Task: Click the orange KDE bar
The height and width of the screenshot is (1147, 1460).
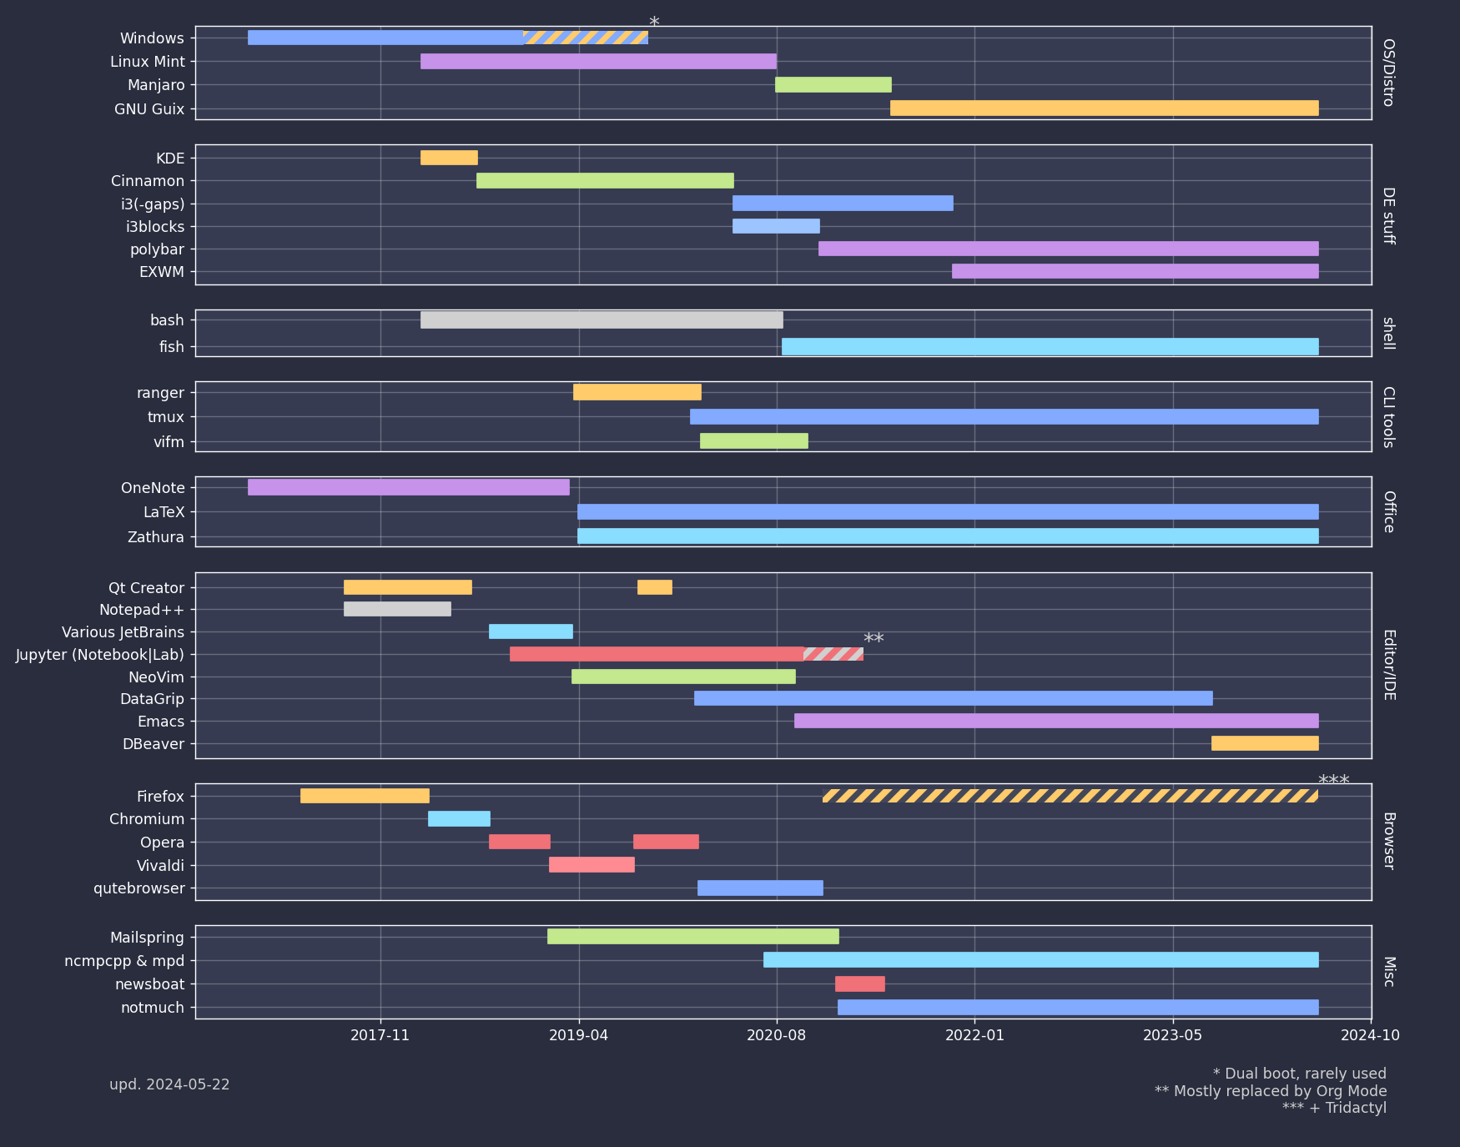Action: click(449, 158)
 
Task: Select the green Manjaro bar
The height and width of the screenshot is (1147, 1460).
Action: click(833, 84)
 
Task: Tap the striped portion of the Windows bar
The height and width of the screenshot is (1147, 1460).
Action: click(586, 38)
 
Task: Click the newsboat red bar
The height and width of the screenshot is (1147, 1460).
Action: click(859, 984)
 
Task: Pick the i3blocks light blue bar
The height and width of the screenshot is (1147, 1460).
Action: click(776, 226)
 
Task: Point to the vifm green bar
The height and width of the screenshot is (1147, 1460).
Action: click(753, 440)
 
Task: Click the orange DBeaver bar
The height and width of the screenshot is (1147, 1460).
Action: click(1265, 743)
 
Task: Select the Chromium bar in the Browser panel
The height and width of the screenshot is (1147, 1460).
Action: click(459, 818)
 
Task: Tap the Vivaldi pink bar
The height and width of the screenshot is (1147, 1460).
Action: click(592, 864)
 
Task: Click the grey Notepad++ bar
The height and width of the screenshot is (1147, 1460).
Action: click(397, 609)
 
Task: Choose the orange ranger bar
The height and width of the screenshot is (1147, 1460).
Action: click(637, 392)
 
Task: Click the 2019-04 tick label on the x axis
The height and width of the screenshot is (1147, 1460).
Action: click(579, 1035)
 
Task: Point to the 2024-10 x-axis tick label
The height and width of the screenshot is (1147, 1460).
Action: click(1370, 1035)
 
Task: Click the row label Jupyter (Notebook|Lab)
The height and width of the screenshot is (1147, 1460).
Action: click(100, 655)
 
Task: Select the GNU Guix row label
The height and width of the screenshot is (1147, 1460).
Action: click(149, 109)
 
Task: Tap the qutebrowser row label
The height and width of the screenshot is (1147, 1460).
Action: click(139, 888)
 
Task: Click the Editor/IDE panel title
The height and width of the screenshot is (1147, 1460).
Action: click(1389, 665)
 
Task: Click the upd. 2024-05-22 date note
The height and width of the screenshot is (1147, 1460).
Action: click(169, 1084)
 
